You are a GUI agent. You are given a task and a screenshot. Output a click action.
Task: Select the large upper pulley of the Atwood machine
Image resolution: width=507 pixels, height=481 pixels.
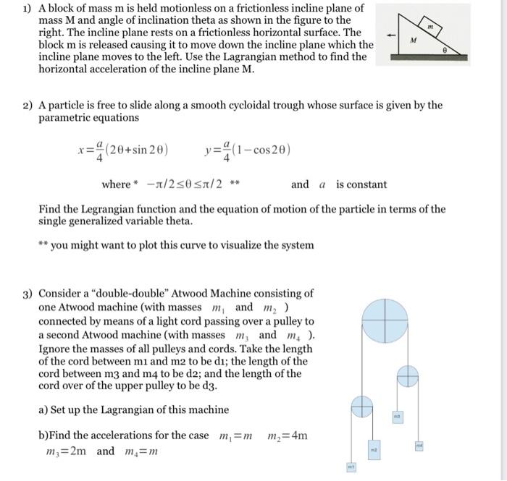[385, 320]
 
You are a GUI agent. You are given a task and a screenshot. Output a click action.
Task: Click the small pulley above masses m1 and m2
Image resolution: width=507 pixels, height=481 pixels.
[361, 406]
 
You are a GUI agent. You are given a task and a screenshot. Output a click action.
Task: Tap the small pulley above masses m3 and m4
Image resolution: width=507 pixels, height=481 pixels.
[408, 375]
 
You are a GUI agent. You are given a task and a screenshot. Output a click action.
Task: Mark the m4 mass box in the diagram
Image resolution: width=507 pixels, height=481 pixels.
[419, 446]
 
